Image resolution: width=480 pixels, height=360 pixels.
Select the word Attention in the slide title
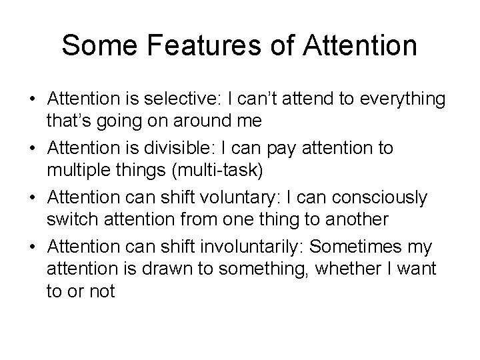tap(360, 47)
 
